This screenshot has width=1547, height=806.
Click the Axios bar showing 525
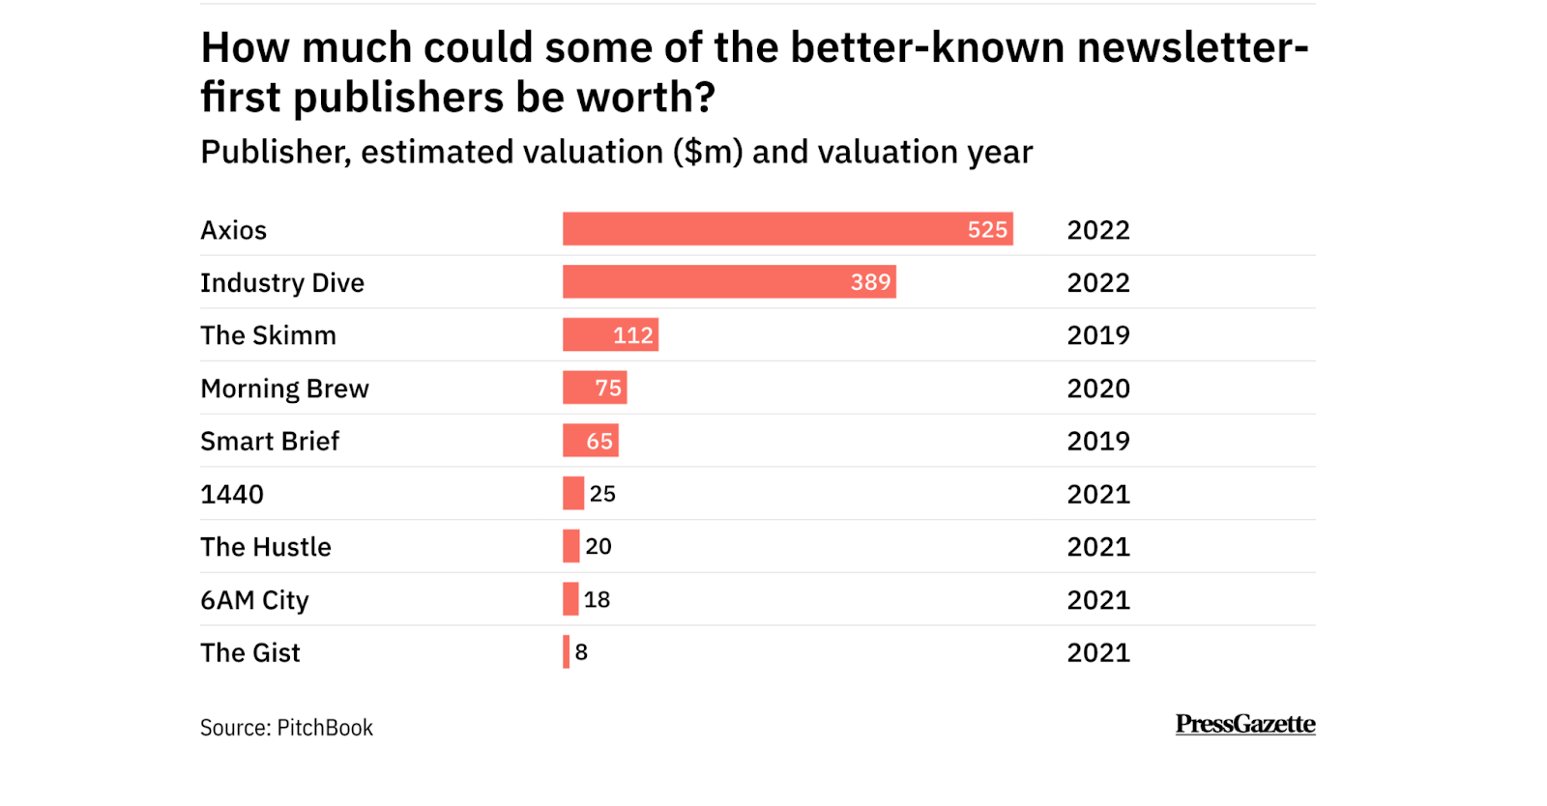pyautogui.click(x=787, y=229)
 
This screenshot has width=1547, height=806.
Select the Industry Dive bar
pyautogui.click(x=729, y=282)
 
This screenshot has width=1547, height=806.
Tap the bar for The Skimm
pyautogui.click(x=610, y=335)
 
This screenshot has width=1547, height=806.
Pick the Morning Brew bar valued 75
pyautogui.click(x=595, y=388)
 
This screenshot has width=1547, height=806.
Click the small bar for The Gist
pyautogui.click(x=567, y=652)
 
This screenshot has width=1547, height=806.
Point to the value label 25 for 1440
pyautogui.click(x=602, y=494)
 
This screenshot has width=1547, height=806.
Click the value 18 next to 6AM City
pyautogui.click(x=597, y=600)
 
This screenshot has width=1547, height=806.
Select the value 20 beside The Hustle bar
pyautogui.click(x=598, y=547)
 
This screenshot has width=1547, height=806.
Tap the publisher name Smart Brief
pyautogui.click(x=270, y=441)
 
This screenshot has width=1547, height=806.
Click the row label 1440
pyautogui.click(x=232, y=494)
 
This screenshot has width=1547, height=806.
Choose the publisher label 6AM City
pyautogui.click(x=254, y=600)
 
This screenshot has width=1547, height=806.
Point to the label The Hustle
pyautogui.click(x=266, y=547)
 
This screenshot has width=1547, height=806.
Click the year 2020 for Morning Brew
pyautogui.click(x=1098, y=389)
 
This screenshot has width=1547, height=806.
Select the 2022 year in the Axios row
pyautogui.click(x=1098, y=230)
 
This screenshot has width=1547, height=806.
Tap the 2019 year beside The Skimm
pyautogui.click(x=1098, y=335)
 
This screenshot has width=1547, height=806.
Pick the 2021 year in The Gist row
pyautogui.click(x=1098, y=653)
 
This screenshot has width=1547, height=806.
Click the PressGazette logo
pyautogui.click(x=1245, y=724)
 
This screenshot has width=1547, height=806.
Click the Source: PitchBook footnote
pyautogui.click(x=286, y=728)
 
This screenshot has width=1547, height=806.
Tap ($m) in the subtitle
pyautogui.click(x=709, y=153)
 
